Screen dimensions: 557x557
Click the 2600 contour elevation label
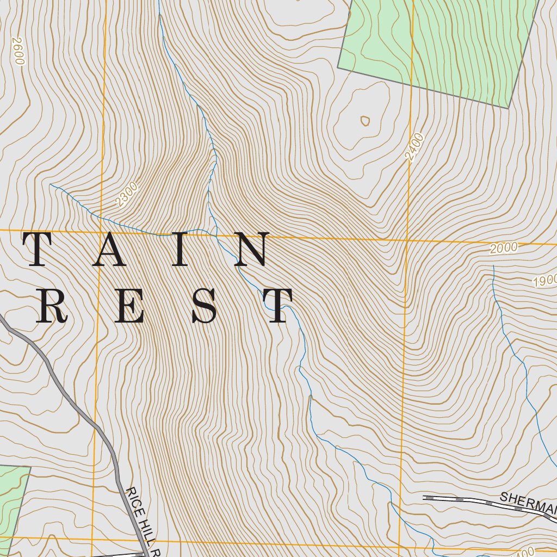coord(18,51)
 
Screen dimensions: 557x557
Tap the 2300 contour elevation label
coord(127,195)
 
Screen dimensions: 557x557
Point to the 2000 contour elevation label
coord(503,248)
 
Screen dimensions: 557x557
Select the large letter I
coord(181,250)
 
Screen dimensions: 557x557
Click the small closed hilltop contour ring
coord(364,120)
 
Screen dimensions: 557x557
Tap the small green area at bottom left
coord(11,495)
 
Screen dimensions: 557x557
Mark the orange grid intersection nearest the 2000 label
coord(407,240)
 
